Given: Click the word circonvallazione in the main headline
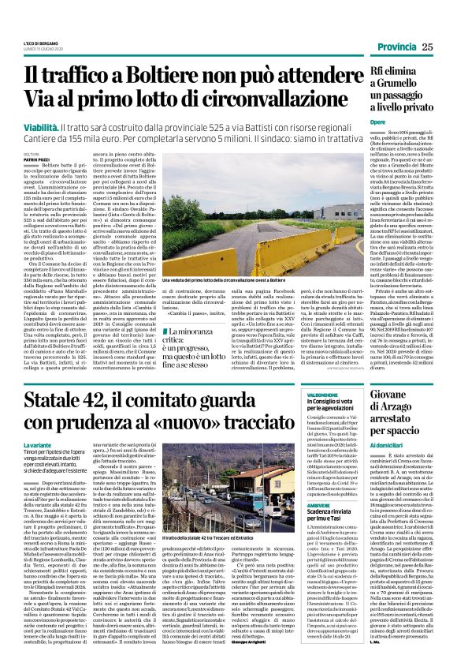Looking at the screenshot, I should [253, 101].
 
